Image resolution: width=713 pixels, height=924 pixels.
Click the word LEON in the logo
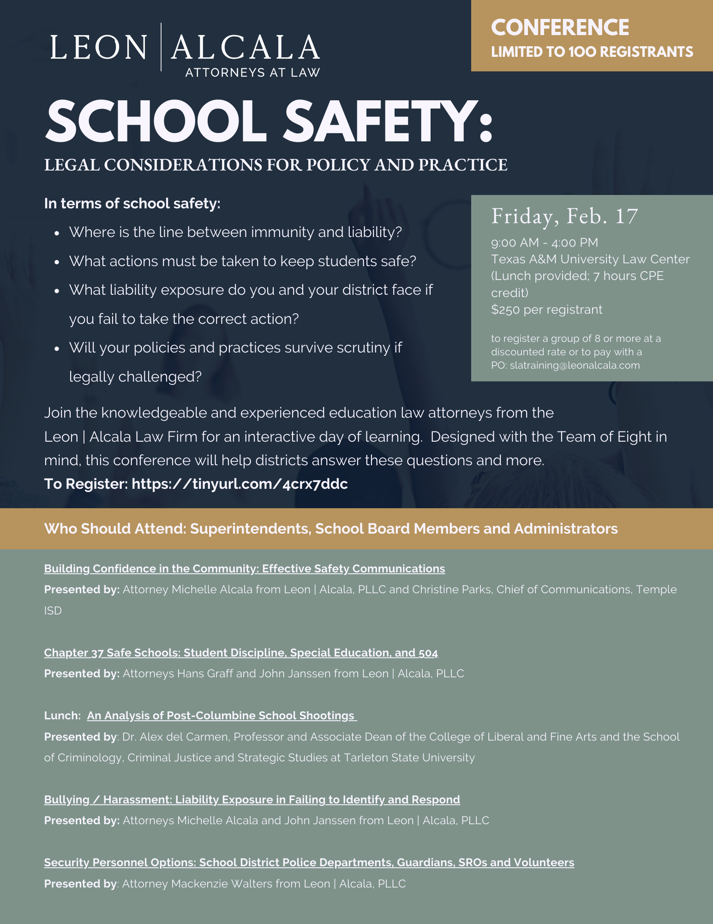(x=98, y=47)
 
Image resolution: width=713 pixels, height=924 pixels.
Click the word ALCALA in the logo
(x=245, y=47)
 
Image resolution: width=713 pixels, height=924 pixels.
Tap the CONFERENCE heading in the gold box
(x=560, y=28)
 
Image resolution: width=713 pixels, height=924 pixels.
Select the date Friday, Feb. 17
(x=564, y=216)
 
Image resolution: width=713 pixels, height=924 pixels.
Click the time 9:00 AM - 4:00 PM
(x=545, y=243)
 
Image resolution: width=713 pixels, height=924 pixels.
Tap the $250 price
(x=505, y=310)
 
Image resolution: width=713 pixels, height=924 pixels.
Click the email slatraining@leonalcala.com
(x=575, y=365)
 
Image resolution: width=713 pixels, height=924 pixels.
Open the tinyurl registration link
(x=240, y=484)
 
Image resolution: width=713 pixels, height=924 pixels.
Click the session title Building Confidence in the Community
(x=244, y=568)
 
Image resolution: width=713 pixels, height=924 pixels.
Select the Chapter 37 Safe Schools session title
(x=241, y=652)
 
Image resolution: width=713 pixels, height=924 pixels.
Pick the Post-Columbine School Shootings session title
(x=221, y=715)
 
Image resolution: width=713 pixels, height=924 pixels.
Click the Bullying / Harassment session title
(x=252, y=799)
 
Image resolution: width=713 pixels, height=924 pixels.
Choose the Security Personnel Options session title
(x=309, y=862)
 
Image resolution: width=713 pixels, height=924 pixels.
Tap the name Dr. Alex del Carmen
(x=175, y=736)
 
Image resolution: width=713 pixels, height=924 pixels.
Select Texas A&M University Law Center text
(x=590, y=259)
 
